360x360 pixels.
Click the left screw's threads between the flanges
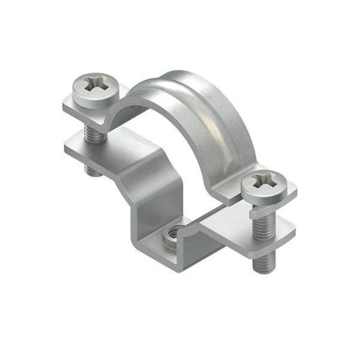point(93,133)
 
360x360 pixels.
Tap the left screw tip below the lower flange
point(92,170)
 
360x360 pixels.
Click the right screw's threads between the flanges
point(264,225)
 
